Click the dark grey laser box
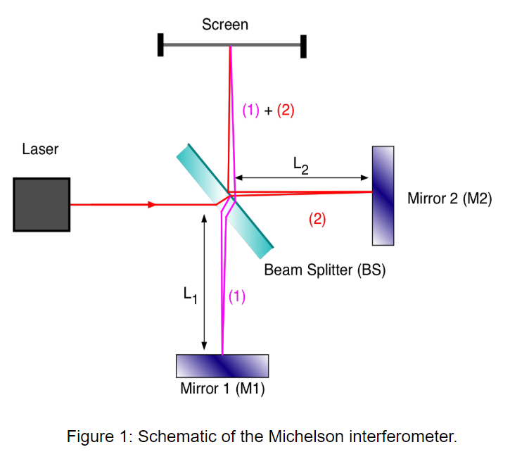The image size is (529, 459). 42,204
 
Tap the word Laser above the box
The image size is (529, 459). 40,149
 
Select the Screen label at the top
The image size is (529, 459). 224,25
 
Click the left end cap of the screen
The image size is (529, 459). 161,46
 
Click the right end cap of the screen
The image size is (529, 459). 303,46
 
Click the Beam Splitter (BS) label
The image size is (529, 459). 324,270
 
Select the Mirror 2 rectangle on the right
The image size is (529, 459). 383,195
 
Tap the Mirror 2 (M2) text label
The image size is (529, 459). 449,199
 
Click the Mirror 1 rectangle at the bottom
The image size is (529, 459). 222,365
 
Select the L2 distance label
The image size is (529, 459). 300,166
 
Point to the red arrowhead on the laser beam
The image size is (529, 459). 151,205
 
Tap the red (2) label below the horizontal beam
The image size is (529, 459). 317,219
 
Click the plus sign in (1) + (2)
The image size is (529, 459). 268,110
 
